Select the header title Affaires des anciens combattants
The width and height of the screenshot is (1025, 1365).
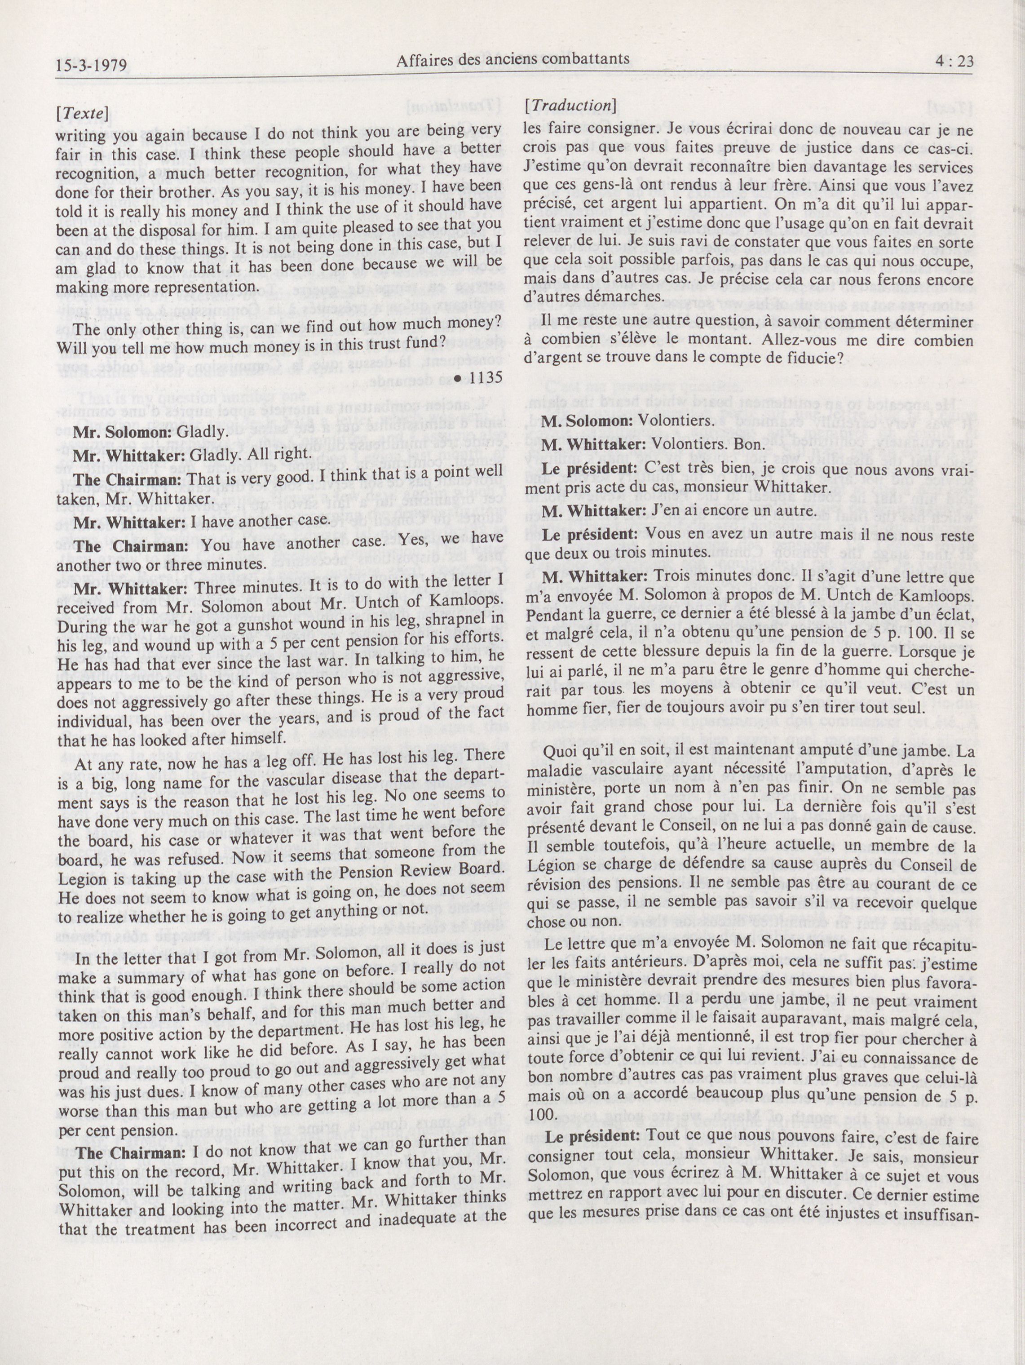513,60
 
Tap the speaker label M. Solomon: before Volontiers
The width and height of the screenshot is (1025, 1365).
580,421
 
